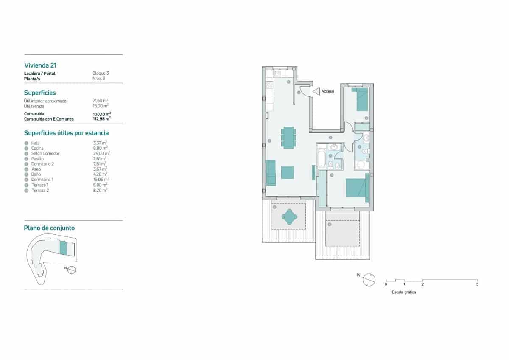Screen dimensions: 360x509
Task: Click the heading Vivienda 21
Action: click(41, 65)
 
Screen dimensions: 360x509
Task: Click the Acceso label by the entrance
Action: click(327, 91)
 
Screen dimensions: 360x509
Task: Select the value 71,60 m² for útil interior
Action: click(100, 101)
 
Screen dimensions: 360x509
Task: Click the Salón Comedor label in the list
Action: click(45, 153)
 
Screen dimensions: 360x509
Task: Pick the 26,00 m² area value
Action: click(101, 153)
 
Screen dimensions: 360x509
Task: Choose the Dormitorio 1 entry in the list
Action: click(43, 180)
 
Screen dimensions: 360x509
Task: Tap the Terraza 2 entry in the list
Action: click(40, 190)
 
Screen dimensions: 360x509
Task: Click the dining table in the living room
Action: click(288, 137)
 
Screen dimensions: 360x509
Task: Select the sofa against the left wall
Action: click(271, 173)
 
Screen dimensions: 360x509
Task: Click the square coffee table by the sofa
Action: click(288, 172)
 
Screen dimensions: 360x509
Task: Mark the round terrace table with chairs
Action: click(289, 217)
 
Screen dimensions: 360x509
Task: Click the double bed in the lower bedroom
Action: click(357, 188)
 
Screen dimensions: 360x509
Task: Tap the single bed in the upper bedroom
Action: click(362, 99)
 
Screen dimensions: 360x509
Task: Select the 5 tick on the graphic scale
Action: click(477, 284)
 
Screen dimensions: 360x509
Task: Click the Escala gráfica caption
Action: click(404, 292)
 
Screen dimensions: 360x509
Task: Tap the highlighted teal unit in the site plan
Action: click(63, 248)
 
